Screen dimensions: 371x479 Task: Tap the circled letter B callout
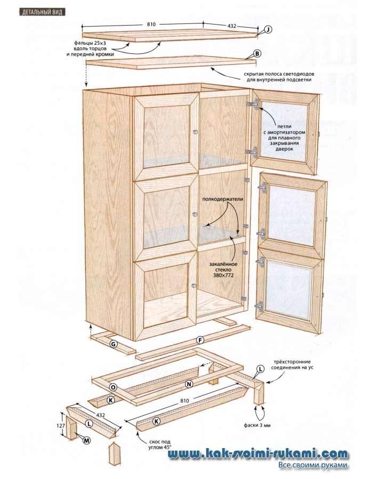point(256,54)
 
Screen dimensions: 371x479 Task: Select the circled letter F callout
point(200,340)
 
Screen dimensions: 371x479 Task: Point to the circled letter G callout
point(114,344)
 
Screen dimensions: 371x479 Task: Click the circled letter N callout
point(188,384)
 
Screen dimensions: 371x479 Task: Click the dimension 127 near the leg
point(60,426)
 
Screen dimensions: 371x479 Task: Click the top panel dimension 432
point(232,25)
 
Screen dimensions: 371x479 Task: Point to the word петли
point(283,121)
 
